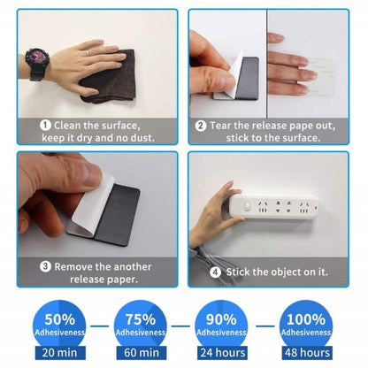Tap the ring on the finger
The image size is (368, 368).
coord(88,53)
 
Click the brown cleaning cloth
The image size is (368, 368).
coord(109,77)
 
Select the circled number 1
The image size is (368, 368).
coord(45,126)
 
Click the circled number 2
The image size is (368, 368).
coord(201,126)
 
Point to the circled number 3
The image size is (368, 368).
coord(45,266)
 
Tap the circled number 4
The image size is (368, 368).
coord(215,272)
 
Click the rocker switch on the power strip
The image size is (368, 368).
coord(248,206)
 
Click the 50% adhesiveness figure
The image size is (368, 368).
coord(60,319)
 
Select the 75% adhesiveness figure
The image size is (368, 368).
coord(141,319)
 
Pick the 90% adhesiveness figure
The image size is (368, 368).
coord(221,319)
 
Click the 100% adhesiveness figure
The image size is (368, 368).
coord(306,319)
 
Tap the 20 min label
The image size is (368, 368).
coord(60,353)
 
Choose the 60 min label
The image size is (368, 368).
coord(142,353)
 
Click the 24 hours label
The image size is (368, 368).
coord(223,353)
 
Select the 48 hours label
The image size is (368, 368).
coord(307,353)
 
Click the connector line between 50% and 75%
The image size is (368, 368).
coord(100,326)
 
